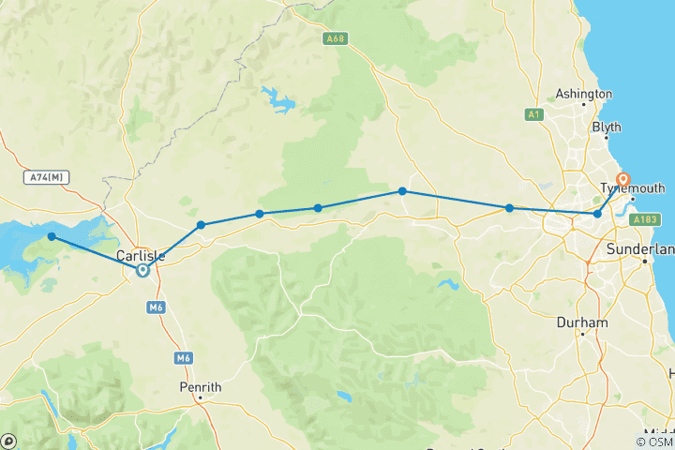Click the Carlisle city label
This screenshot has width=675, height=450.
point(142,255)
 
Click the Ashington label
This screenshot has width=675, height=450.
point(584,94)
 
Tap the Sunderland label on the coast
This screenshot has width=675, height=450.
point(641,250)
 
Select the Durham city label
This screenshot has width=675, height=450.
point(581,322)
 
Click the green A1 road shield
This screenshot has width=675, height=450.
point(532,114)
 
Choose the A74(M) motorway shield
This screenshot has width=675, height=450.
point(45,177)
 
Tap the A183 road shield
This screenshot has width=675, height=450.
point(652,219)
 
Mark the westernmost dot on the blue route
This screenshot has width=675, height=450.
point(52,237)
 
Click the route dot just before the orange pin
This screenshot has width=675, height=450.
point(597,215)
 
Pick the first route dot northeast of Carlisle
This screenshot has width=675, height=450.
point(202,225)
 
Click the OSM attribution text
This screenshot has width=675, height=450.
point(654,442)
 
